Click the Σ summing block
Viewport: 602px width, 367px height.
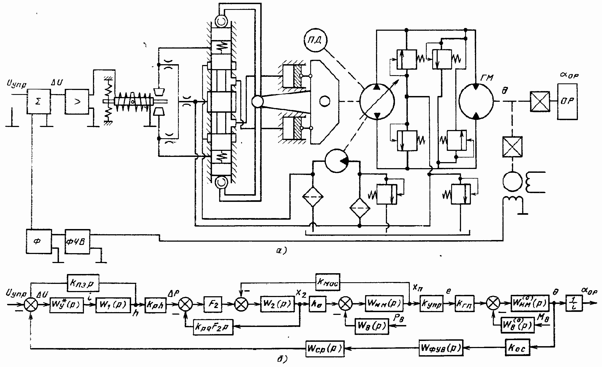click(38, 101)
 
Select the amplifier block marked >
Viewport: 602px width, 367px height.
click(77, 101)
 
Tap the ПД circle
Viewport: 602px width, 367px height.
click(316, 41)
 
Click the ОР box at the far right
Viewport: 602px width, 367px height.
click(567, 101)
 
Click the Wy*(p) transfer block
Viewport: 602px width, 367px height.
click(67, 304)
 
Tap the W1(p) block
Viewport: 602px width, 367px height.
click(112, 304)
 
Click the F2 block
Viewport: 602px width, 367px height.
click(213, 304)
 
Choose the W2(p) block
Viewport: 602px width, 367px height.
click(277, 304)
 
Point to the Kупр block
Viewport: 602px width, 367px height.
click(431, 304)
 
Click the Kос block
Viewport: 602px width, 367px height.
click(517, 348)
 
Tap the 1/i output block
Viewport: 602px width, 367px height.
click(574, 304)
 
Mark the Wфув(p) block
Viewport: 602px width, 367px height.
click(440, 348)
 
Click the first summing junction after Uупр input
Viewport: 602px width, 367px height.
click(32, 304)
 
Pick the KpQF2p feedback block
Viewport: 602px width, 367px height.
click(213, 327)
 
